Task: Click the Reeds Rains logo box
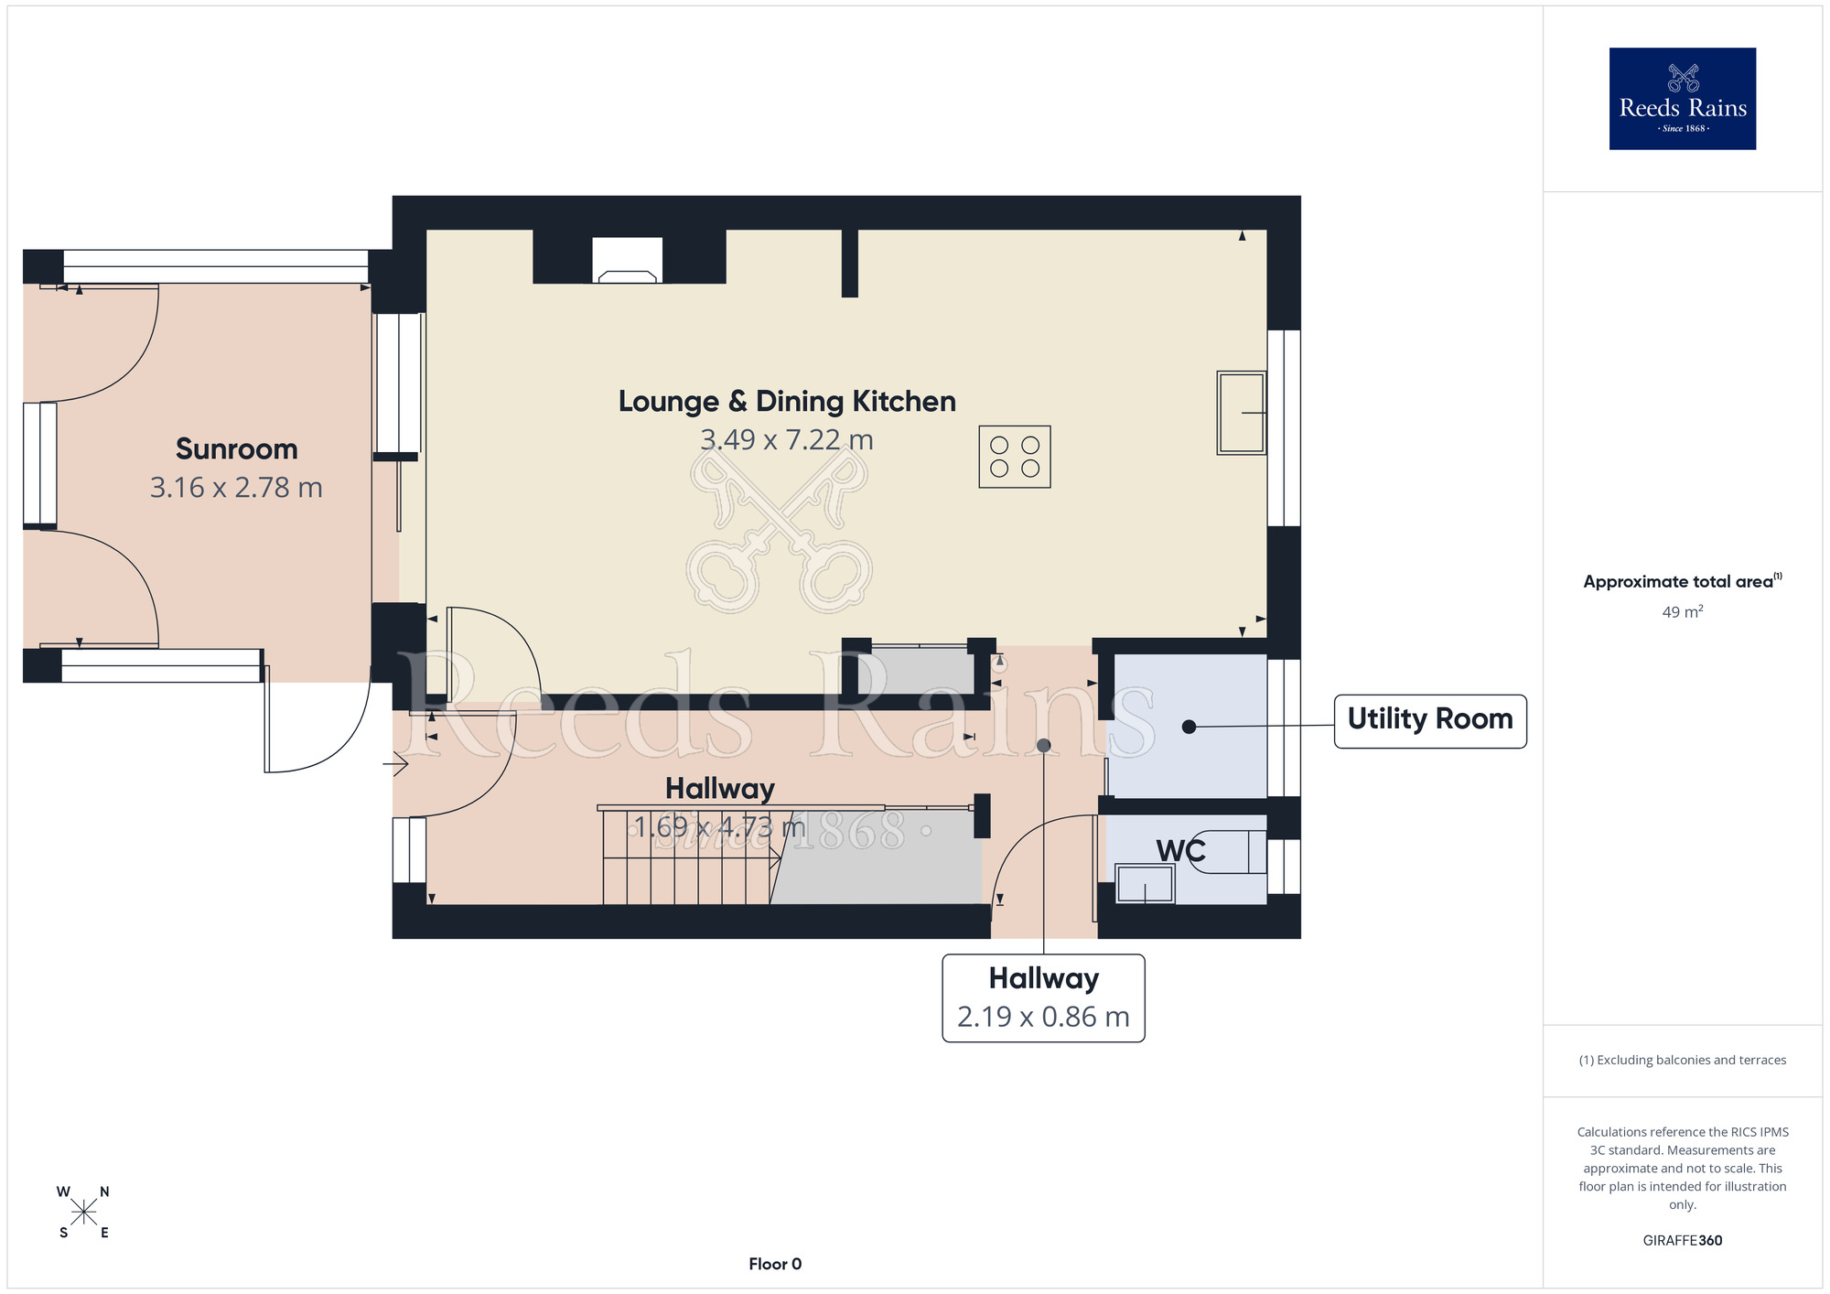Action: tap(1682, 99)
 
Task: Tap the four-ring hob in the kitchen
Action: tap(1015, 457)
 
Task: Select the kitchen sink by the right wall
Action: tap(1242, 413)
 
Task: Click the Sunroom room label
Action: tap(237, 449)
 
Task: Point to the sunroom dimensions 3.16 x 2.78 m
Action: tap(237, 488)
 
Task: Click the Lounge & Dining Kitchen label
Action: tap(787, 402)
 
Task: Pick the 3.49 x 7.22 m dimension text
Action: tap(787, 440)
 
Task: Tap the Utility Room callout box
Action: tap(1430, 721)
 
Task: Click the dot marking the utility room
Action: tap(1189, 727)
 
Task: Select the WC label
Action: tap(1180, 851)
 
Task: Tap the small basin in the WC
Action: tap(1145, 884)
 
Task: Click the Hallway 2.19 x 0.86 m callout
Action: tap(1044, 998)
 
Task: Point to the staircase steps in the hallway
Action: tap(687, 857)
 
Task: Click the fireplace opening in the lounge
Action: tap(627, 260)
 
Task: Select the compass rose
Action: tap(83, 1213)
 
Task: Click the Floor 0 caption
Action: tap(775, 1264)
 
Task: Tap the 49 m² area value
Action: tap(1683, 611)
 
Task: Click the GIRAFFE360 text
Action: tap(1683, 1241)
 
